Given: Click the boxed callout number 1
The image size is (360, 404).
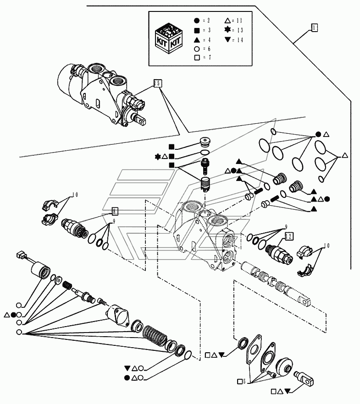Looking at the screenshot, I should pyautogui.click(x=313, y=28).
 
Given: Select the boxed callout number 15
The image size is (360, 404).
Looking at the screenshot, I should pyautogui.click(x=157, y=83).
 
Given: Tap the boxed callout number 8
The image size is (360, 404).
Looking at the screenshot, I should pyautogui.click(x=115, y=211).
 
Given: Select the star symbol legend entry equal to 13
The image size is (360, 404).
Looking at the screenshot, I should pyautogui.click(x=228, y=30).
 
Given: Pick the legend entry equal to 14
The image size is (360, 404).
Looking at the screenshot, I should pyautogui.click(x=228, y=40).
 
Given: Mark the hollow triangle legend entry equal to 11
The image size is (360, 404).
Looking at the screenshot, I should pyautogui.click(x=228, y=21).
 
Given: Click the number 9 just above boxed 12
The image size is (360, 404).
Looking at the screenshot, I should pyautogui.click(x=285, y=227).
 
